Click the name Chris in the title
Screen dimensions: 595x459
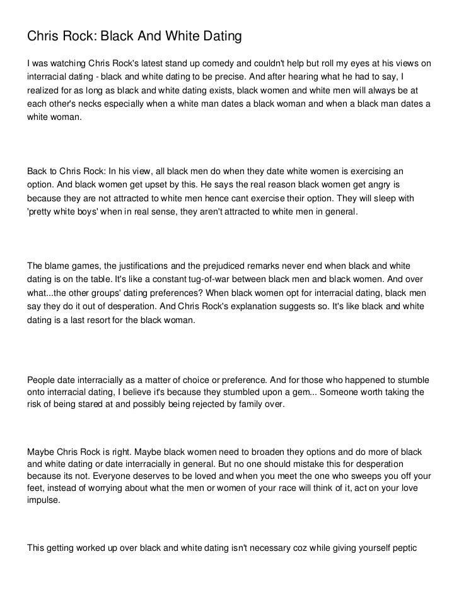coord(42,37)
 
